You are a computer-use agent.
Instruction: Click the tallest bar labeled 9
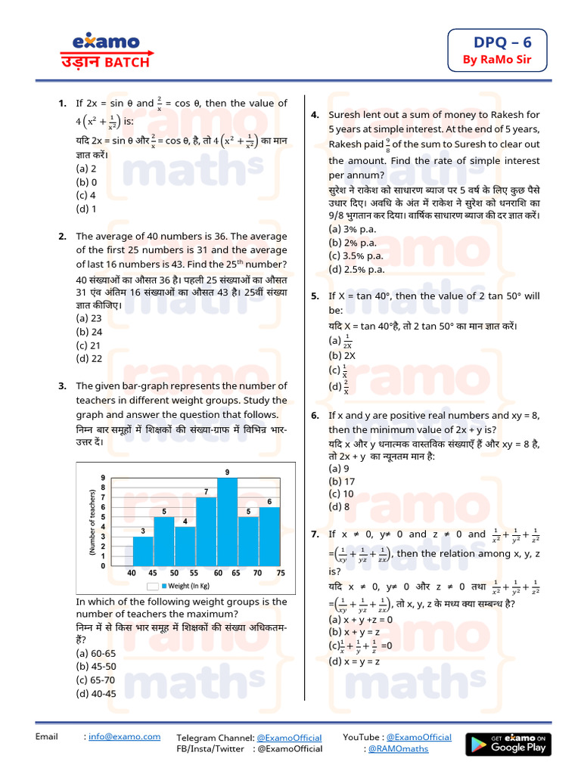228,522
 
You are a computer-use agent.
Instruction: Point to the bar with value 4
185,546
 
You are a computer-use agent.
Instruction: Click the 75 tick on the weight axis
281,573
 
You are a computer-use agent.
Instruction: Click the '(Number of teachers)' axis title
92,524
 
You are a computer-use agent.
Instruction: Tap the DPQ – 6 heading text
496,42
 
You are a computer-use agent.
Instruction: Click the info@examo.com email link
124,736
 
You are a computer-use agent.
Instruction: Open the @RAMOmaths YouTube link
397,748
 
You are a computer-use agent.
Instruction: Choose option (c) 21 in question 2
89,345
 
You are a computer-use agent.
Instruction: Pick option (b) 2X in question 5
342,354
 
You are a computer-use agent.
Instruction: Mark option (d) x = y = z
354,661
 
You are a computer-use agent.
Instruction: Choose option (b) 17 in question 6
341,481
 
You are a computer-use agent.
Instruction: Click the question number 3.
63,386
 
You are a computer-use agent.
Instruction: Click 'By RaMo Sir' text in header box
496,60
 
